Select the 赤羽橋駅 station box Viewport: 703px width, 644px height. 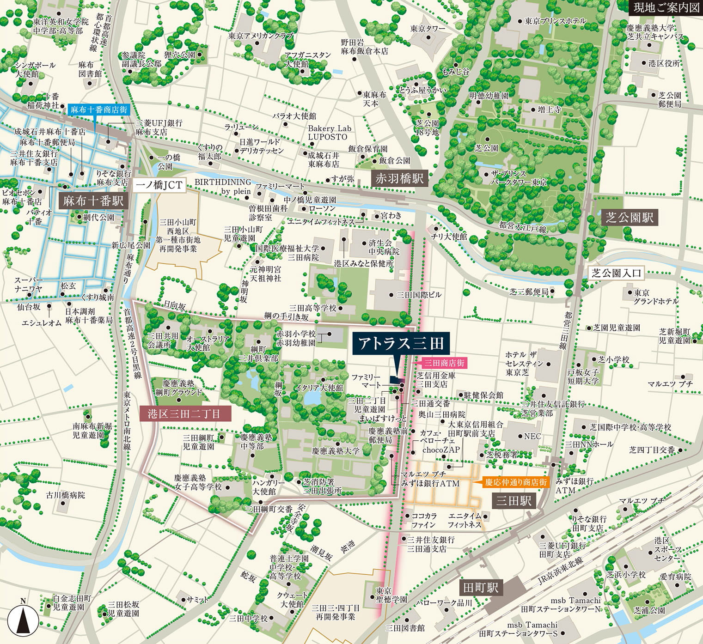coord(399,178)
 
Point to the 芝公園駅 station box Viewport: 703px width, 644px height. coord(630,218)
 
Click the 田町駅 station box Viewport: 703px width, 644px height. coord(481,588)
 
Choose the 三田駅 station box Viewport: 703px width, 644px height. coord(513,501)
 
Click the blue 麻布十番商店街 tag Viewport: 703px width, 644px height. coord(98,110)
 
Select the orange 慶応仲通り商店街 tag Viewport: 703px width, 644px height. coord(515,482)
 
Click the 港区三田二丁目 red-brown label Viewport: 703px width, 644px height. coord(184,413)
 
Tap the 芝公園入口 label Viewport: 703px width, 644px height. coord(617,273)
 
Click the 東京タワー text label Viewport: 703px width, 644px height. coord(428,29)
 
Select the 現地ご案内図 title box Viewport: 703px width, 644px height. coord(666,7)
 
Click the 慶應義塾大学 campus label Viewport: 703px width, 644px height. coord(336,450)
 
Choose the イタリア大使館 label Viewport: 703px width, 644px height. coord(319,388)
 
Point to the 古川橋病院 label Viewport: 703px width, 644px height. coord(66,495)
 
